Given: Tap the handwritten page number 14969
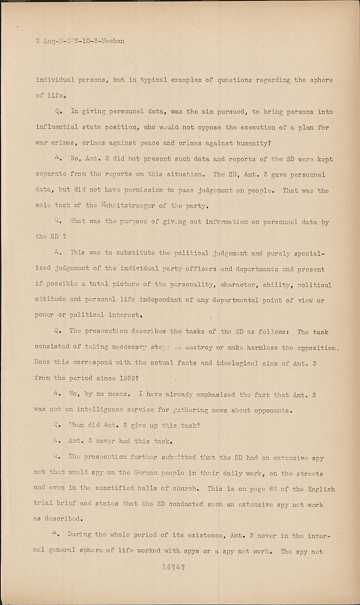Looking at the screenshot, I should (173, 567).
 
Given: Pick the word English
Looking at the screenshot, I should (321, 489).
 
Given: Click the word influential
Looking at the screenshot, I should (57, 127).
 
